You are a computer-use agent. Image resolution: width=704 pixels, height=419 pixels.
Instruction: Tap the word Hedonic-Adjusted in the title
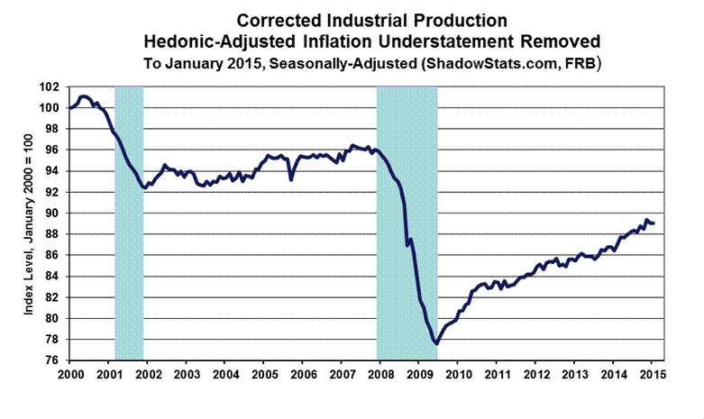click(x=205, y=41)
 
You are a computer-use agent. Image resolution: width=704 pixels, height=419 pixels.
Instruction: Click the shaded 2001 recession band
click(x=130, y=225)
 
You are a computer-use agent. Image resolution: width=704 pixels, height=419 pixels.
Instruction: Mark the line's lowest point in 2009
click(x=436, y=343)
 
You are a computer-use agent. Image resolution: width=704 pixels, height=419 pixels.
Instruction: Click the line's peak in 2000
click(x=84, y=96)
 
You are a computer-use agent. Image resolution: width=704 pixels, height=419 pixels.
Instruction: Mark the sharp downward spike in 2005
click(x=290, y=179)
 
